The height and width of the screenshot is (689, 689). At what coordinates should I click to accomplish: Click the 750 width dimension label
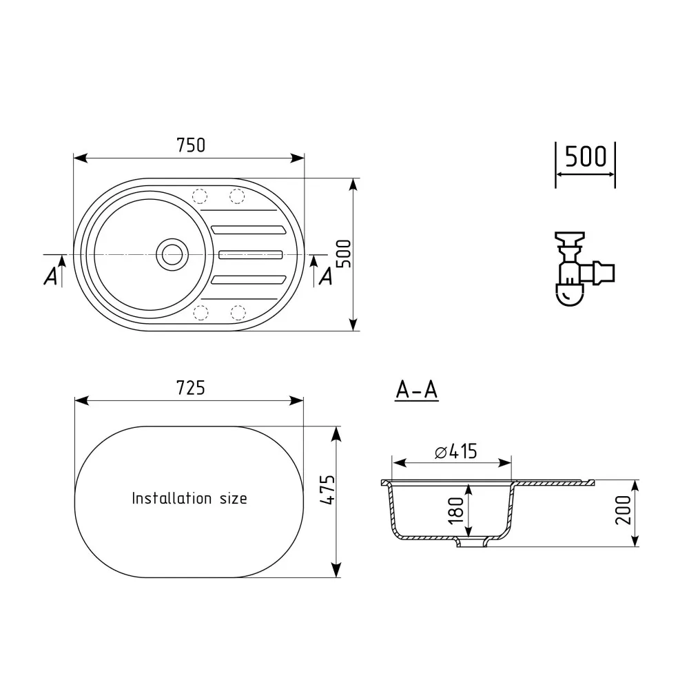pos(191,145)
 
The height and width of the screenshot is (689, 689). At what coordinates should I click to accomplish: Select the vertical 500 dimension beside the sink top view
pos(344,254)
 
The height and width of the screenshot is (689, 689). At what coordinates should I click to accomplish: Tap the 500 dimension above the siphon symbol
pos(586,157)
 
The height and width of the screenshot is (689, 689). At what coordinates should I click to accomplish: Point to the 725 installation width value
pos(191,388)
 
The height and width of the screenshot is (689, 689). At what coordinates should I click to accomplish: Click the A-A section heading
pos(417,390)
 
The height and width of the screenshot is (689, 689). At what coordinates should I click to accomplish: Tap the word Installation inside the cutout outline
pos(172,498)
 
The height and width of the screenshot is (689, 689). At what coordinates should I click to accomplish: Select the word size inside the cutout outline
pos(233,498)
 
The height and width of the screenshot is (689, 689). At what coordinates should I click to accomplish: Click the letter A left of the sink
pos(50,276)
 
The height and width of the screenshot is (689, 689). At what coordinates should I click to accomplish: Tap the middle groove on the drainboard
pos(250,254)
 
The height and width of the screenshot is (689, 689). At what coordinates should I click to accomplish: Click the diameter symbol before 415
pos(441,452)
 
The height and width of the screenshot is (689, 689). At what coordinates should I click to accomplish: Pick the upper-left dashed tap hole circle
pos(200,196)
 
